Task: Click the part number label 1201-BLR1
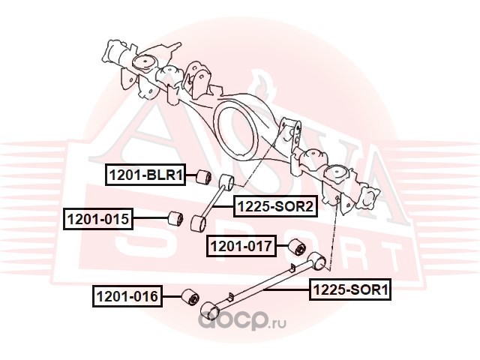[x=145, y=175]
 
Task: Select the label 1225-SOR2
[x=275, y=207]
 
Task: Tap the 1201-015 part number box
[x=98, y=219]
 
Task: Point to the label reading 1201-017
[x=241, y=246]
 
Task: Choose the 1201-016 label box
[x=127, y=296]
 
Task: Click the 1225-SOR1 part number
[x=350, y=289]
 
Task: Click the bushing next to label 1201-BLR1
[x=203, y=177]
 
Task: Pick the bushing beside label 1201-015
[x=176, y=219]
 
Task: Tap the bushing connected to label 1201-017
[x=297, y=247]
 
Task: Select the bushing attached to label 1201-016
[x=190, y=297]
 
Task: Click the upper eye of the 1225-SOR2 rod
[x=226, y=181]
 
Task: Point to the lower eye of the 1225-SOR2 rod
[x=198, y=223]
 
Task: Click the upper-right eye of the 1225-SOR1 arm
[x=317, y=261]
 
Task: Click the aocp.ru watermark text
[x=242, y=321]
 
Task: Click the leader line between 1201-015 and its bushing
[x=151, y=218]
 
